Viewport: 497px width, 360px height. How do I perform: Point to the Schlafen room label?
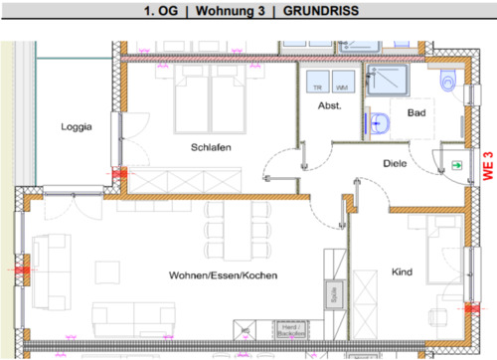[x=212, y=147]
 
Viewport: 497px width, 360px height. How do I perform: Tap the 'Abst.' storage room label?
[x=329, y=105]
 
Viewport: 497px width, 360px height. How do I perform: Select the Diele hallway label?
[x=398, y=163]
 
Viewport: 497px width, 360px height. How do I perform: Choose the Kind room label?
[x=402, y=271]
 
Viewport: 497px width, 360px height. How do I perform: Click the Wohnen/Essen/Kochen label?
[x=223, y=275]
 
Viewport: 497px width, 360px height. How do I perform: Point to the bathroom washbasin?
[x=378, y=123]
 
